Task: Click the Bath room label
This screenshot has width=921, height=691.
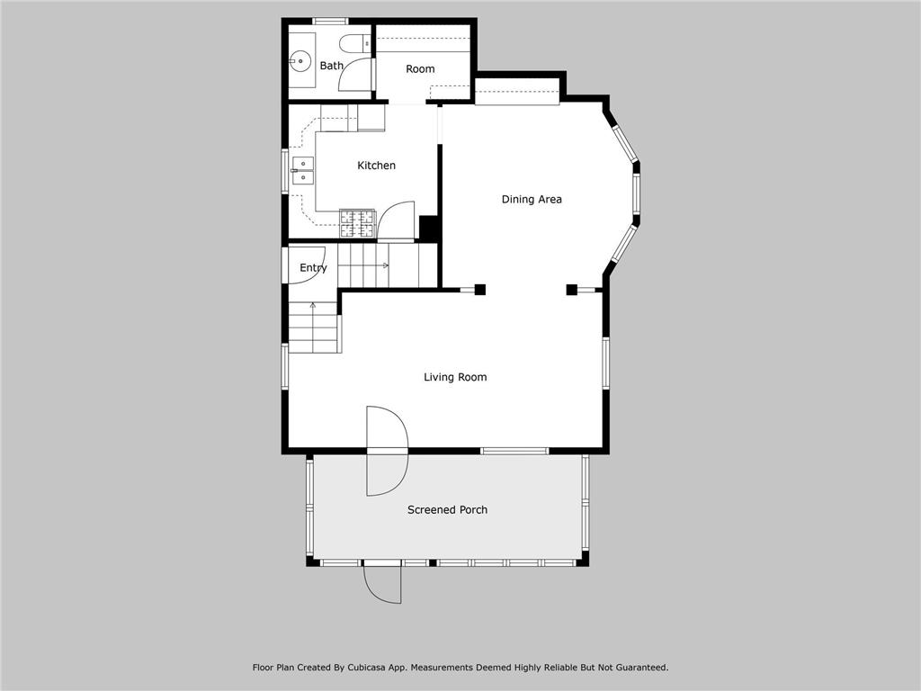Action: pos(332,66)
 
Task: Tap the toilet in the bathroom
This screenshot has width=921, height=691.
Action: pos(354,42)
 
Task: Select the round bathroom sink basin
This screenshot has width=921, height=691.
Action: pos(300,61)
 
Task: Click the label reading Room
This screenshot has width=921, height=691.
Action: pos(420,69)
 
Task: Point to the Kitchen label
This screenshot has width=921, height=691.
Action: pos(376,166)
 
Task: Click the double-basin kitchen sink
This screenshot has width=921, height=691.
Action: pos(301,170)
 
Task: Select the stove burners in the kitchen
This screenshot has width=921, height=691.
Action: pos(357,222)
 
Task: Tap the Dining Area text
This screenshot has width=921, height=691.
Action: pos(532,200)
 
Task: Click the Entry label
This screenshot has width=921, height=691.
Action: pos(313,268)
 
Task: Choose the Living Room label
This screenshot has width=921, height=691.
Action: pos(455,378)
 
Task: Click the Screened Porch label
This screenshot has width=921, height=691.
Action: pos(447,510)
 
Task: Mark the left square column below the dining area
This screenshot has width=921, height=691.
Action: pos(480,289)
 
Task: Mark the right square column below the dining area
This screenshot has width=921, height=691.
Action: pos(571,289)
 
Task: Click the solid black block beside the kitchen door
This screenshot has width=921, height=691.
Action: pos(429,229)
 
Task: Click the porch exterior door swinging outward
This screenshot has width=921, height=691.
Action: pos(382,585)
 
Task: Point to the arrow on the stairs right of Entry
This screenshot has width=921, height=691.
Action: pos(385,265)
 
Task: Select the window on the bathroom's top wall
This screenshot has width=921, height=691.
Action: pos(330,21)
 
